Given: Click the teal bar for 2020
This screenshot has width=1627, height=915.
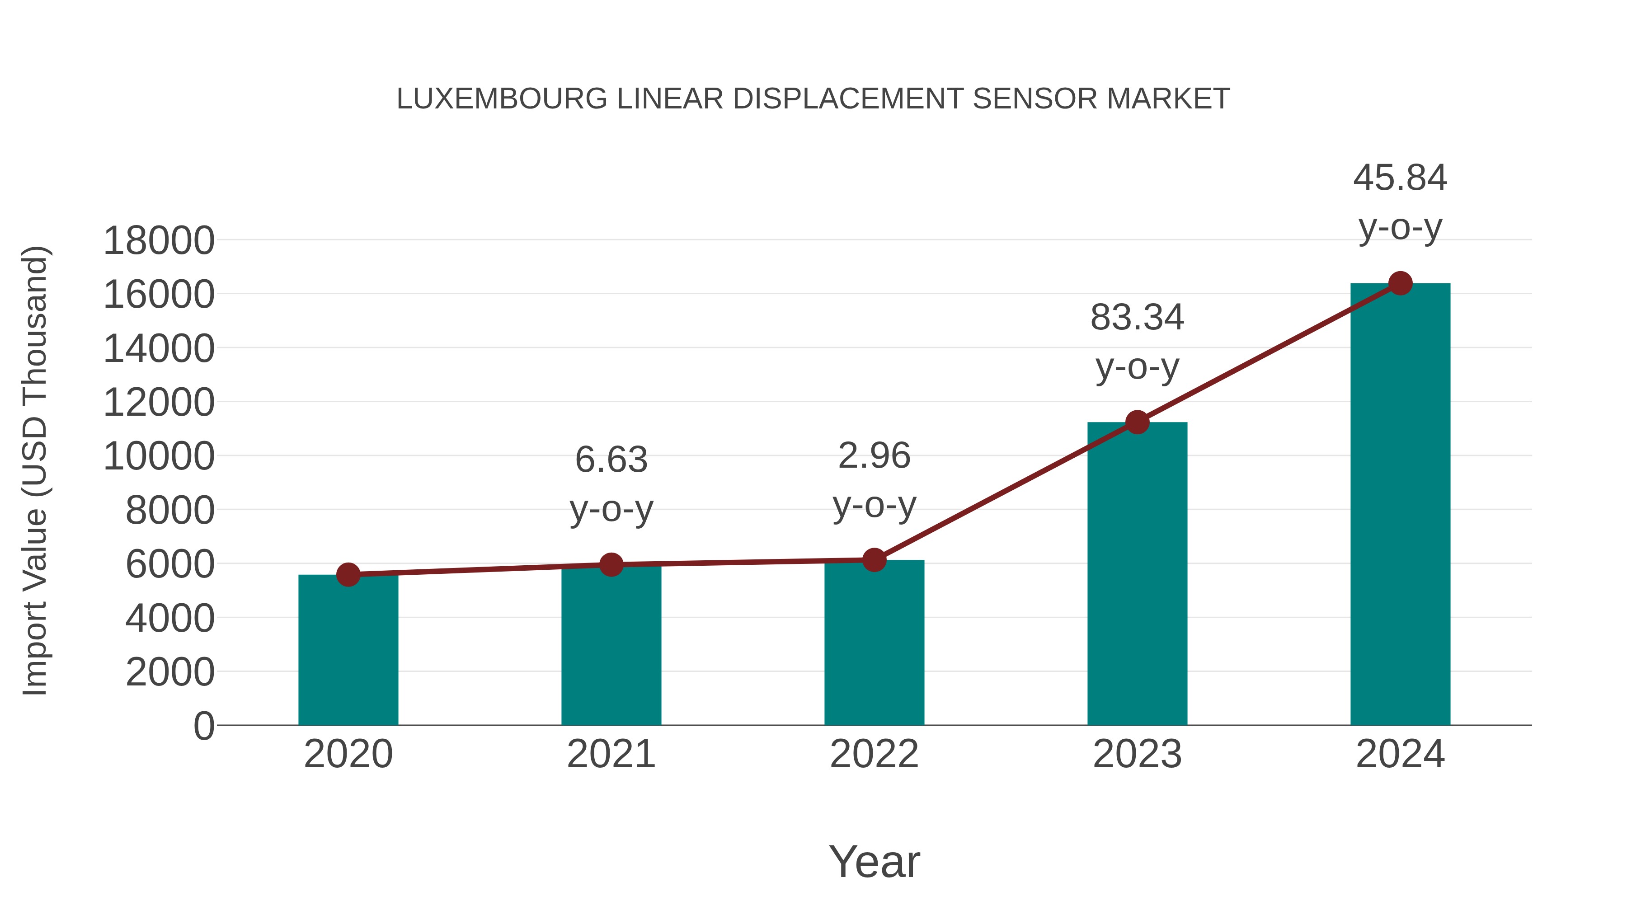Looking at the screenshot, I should coord(348,650).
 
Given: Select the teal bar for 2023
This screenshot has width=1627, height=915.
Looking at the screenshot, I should coord(1137,575).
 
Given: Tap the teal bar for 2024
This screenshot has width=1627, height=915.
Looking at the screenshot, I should coord(1400,505).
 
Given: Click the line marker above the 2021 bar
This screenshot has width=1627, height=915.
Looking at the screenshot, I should coord(611,564).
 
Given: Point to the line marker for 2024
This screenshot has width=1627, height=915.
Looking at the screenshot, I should coord(1400,283).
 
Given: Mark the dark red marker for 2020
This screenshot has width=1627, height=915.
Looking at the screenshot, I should coord(348,575).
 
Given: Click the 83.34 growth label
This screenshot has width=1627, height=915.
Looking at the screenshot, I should coord(1137,318).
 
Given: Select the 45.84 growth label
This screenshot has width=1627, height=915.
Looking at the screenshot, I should coord(1400,178).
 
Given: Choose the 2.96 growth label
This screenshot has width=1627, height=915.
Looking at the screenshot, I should coord(874,456).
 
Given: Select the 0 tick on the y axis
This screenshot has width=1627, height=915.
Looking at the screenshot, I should coord(204,726).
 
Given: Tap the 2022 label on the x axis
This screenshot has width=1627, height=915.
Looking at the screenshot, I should coord(874,754).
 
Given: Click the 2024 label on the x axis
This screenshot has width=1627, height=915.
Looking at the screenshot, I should coord(1400,754).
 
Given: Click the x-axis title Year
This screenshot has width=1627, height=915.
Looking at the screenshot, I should coord(874,861).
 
